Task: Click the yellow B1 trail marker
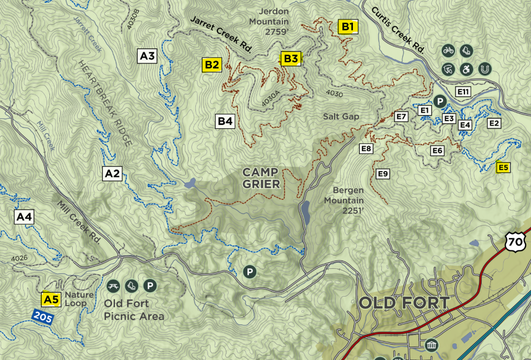point(348,27)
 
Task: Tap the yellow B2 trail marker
point(211,65)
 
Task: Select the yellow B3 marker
point(290,59)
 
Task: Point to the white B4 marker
point(225,121)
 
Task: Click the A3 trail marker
point(148,55)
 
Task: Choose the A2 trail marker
point(112,173)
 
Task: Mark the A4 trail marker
point(24,216)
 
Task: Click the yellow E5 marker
point(504,167)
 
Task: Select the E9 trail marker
point(382,174)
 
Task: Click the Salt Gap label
point(341,116)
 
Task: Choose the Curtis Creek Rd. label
point(399,32)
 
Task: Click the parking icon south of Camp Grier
point(249,271)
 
